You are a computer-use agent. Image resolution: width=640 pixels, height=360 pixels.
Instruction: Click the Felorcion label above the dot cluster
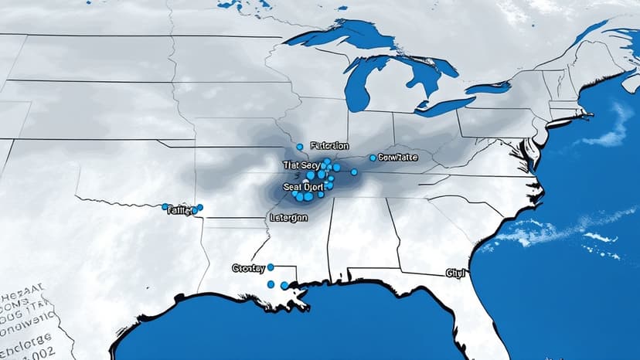(x=329, y=145)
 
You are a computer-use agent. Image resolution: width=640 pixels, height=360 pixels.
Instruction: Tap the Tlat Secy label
(x=301, y=165)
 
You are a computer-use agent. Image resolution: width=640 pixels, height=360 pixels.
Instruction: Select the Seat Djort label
(x=304, y=185)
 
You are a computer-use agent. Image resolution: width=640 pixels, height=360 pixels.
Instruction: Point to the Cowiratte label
(x=397, y=157)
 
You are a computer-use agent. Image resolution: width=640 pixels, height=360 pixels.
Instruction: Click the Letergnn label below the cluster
(x=289, y=218)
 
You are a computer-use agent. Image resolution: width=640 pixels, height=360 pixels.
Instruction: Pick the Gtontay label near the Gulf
(x=249, y=268)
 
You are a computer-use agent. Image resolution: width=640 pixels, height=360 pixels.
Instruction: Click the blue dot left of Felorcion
(x=300, y=146)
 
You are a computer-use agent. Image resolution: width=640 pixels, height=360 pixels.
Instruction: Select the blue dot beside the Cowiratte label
(x=373, y=158)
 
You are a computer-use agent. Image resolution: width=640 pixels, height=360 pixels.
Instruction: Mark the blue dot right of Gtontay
(x=271, y=267)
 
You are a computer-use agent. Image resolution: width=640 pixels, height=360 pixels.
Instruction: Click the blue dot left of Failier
(x=165, y=207)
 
